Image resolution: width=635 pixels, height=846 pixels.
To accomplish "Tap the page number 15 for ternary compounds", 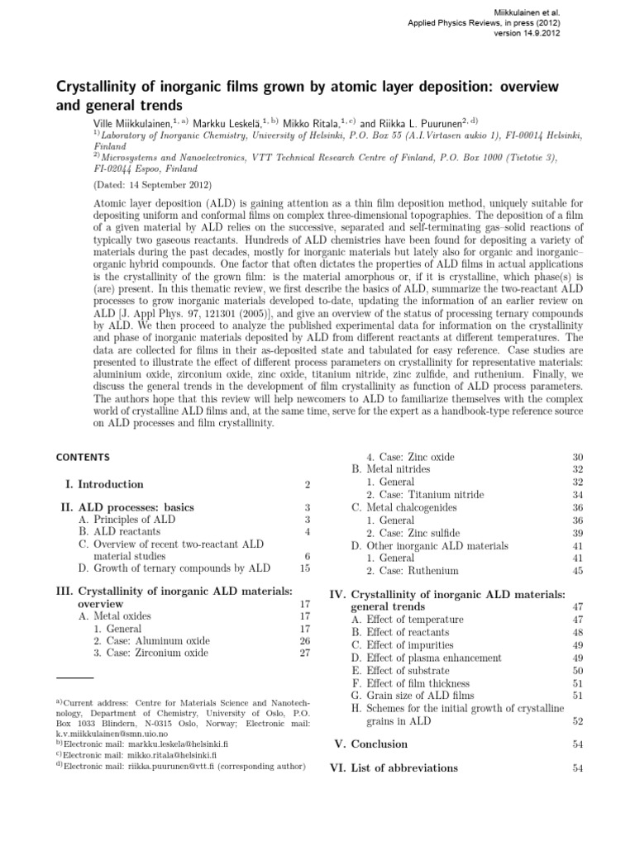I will click(304, 568).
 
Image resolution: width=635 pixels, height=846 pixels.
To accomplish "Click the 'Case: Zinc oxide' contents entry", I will click(410, 457).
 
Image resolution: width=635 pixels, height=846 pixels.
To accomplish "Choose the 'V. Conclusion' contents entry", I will click(378, 744).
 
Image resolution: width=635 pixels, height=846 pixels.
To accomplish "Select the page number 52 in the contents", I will click(578, 721).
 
